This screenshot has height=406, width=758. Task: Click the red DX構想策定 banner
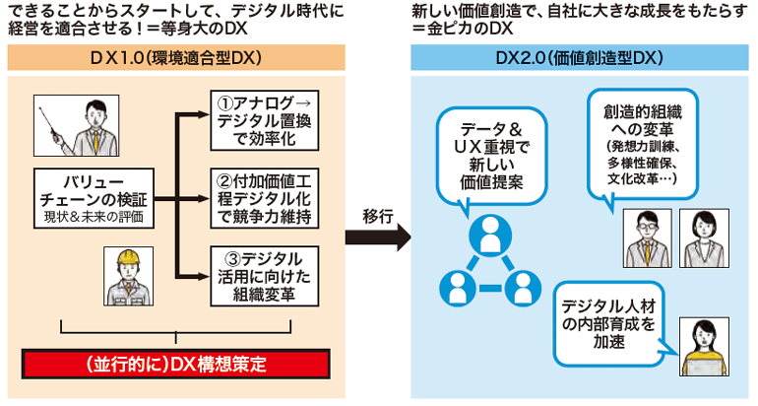point(176,364)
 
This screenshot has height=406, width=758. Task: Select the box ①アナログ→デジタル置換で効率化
point(265,120)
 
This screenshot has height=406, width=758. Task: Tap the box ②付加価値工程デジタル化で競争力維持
point(265,198)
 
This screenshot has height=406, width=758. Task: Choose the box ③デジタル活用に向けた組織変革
point(265,276)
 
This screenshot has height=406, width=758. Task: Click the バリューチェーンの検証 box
point(94,198)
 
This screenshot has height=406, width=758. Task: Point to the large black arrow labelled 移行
point(378,237)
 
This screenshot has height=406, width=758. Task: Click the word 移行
point(378,216)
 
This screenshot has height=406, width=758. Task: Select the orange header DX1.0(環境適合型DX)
point(176,57)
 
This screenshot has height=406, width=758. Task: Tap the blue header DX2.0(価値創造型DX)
point(580,57)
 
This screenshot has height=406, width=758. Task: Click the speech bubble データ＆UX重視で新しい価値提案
point(491,157)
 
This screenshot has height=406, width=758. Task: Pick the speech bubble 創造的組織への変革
point(643,144)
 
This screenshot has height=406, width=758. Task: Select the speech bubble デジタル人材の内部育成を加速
point(609,324)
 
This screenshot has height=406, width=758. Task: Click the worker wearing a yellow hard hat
point(129,276)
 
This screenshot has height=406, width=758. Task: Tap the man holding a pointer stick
point(77,126)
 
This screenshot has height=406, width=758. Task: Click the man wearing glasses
point(648,238)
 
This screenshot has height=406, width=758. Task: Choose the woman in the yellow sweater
point(704,347)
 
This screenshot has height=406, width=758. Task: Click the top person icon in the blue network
point(490,235)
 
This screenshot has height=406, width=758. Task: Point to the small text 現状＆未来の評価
point(94,217)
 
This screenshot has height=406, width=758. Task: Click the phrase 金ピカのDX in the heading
point(469,28)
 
